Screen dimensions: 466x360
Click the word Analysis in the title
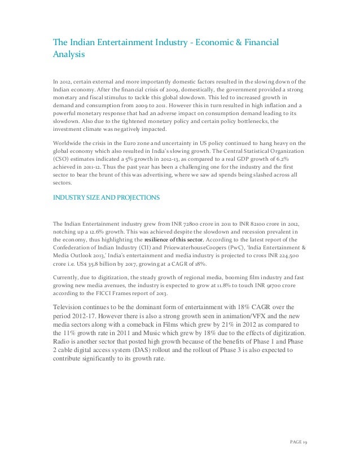[68, 56]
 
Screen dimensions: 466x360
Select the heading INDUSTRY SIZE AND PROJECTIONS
[106, 198]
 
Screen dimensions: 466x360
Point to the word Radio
[62, 341]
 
